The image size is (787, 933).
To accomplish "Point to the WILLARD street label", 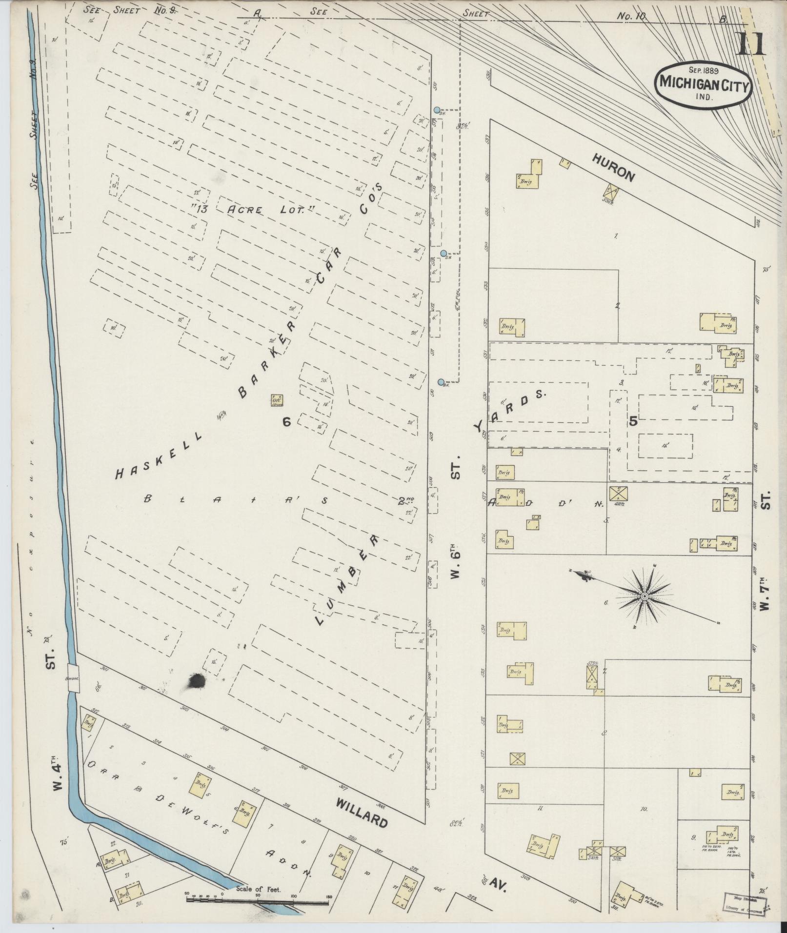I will tap(362, 814).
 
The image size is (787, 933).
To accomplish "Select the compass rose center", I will tap(644, 596).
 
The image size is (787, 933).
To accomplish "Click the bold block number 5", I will tap(633, 422).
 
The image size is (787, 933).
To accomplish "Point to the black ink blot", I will tap(196, 680).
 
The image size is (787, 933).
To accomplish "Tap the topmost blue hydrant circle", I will tap(437, 110).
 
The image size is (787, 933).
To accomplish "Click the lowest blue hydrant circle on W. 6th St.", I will tap(441, 382).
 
